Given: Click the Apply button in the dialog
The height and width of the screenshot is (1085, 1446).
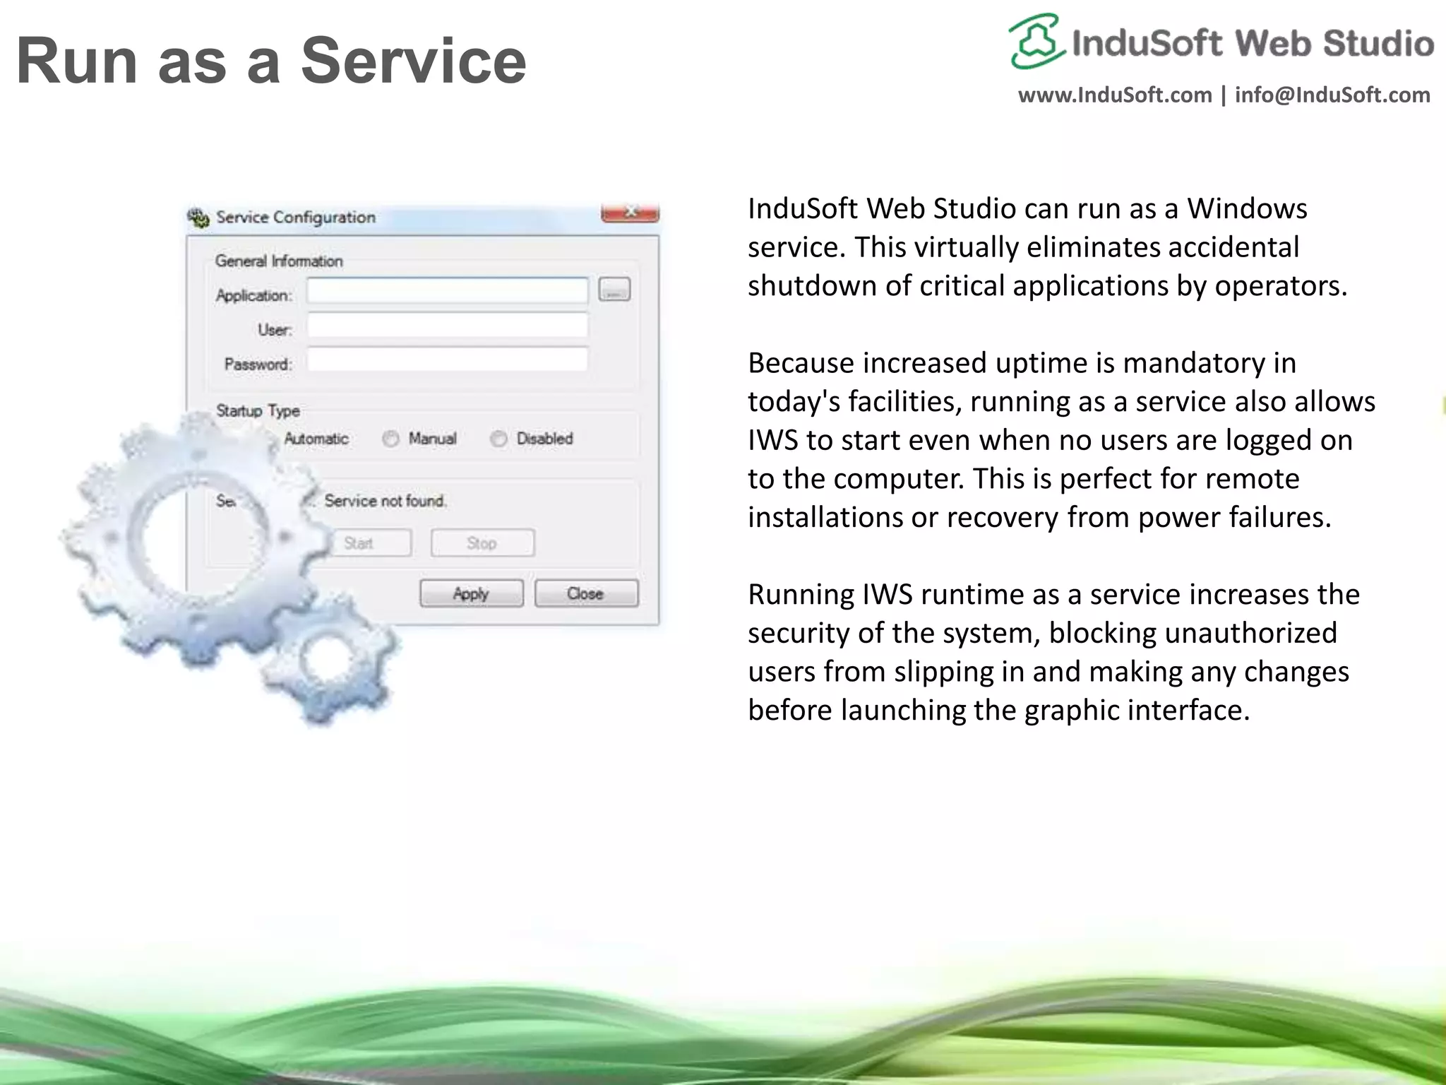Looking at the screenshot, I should pos(471,593).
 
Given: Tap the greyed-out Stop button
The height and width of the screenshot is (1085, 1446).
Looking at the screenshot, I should pos(482,542).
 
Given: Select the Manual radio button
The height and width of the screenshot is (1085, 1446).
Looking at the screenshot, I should pos(390,439).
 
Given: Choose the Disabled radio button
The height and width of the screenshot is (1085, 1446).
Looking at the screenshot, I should pos(498,439).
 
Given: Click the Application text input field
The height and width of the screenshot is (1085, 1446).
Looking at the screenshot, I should pos(447,290).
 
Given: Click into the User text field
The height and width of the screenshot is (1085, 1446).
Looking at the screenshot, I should pos(447,326).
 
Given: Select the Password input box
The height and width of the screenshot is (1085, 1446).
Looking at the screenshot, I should pos(447,360).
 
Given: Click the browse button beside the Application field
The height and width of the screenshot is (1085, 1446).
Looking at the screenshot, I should pos(614,290).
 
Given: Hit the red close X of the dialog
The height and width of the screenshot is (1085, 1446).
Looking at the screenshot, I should pos(630,212).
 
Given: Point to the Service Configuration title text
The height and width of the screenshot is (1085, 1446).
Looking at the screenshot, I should pos(296,217).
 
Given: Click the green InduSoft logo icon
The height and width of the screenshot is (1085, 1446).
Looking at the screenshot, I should pos(1035,41).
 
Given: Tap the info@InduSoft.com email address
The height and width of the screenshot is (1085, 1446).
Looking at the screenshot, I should pos(1332,95).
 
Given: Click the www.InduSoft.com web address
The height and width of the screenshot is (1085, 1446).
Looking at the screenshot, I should pos(1114,95).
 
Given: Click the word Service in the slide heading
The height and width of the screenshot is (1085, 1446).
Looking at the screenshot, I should pos(414,61).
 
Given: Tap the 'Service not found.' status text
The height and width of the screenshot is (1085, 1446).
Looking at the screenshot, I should pos(386,501).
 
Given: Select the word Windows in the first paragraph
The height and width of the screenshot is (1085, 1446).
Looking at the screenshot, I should pos(1247,208).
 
